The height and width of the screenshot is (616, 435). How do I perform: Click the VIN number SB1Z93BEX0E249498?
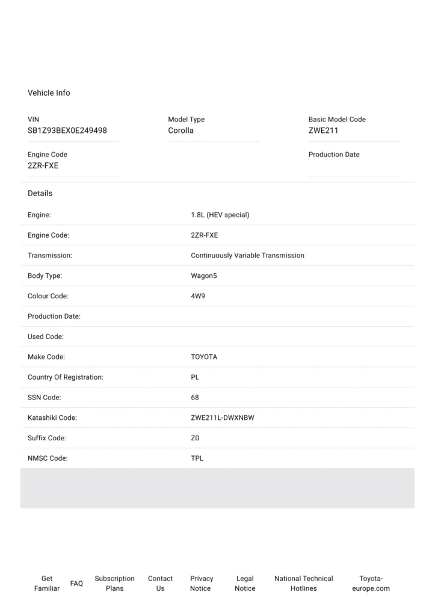click(x=67, y=131)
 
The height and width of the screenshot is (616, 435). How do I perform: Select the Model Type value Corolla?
click(x=180, y=131)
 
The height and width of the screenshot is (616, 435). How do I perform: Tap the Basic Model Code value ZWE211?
click(x=323, y=131)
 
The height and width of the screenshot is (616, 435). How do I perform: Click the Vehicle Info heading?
click(x=49, y=93)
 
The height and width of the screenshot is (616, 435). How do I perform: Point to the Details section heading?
click(x=40, y=193)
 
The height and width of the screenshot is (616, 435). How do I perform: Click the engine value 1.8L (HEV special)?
click(x=220, y=215)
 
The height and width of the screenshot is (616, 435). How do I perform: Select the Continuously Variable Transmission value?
click(x=247, y=256)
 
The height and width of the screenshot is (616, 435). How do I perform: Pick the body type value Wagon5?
click(x=203, y=276)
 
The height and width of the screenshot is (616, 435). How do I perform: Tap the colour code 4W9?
click(x=198, y=297)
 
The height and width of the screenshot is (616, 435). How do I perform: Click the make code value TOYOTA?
click(x=204, y=357)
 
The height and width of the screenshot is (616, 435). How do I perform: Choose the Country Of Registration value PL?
click(x=195, y=378)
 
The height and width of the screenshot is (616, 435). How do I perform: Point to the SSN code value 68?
click(x=195, y=398)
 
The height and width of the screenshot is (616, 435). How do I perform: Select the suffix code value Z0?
click(x=195, y=439)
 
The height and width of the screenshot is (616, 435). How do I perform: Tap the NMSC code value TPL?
click(x=197, y=458)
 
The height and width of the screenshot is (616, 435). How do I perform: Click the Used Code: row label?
click(x=46, y=337)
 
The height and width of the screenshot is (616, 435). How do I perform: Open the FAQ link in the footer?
click(x=76, y=584)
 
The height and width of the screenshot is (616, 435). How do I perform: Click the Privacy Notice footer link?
click(x=201, y=584)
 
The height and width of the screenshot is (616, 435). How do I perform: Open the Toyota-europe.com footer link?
click(x=371, y=584)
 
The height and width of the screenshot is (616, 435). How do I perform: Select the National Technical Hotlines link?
click(x=303, y=584)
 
